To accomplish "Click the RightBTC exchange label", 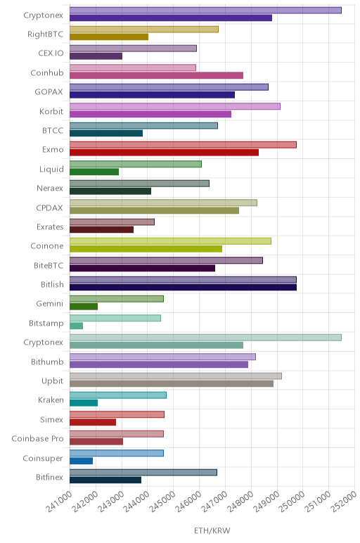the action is (x=45, y=34).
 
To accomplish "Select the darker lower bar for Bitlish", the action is (x=183, y=288).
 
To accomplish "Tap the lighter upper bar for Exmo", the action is (x=183, y=145).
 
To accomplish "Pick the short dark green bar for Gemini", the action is (x=84, y=307).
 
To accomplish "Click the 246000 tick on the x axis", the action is (x=189, y=501).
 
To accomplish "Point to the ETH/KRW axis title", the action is (x=212, y=530).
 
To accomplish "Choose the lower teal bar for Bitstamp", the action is (x=76, y=326).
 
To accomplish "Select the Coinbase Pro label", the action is (x=37, y=438).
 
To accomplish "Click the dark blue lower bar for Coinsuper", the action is (x=81, y=461).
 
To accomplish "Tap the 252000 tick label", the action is (x=344, y=501).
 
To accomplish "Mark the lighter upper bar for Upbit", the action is (x=176, y=376).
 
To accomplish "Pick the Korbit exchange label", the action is (x=51, y=111).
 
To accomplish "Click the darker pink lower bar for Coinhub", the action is (x=156, y=75).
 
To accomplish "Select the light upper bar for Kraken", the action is (x=118, y=395).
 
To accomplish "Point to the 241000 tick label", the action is (x=60, y=501).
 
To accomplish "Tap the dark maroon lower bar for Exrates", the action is (x=101, y=229).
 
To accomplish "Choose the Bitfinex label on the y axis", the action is (x=49, y=477).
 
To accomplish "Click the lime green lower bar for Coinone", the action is (x=146, y=249).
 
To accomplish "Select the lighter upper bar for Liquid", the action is (x=135, y=164).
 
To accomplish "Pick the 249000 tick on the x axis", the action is (x=266, y=501).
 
